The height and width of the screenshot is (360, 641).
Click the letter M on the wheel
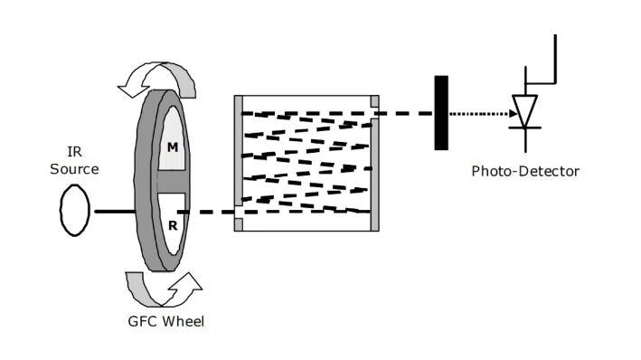click(x=173, y=147)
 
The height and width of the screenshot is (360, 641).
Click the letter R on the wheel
click(x=173, y=225)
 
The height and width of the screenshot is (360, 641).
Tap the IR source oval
click(x=75, y=210)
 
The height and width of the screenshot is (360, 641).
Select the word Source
click(x=74, y=169)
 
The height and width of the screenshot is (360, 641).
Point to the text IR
click(x=74, y=152)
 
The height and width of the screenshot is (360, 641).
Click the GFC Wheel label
click(x=166, y=321)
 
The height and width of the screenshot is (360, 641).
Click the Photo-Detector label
click(x=525, y=171)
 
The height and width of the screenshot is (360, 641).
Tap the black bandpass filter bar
click(x=441, y=113)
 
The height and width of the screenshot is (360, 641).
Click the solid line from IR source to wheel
click(x=116, y=212)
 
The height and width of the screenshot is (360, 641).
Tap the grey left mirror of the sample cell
click(x=239, y=164)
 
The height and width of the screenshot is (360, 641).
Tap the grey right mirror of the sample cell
click(x=374, y=175)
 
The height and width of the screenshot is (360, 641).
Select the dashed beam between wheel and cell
click(x=206, y=212)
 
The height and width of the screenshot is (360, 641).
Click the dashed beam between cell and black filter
click(x=406, y=113)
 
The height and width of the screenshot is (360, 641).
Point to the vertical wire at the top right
click(x=555, y=59)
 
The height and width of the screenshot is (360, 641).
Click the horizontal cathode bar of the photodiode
click(x=525, y=128)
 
